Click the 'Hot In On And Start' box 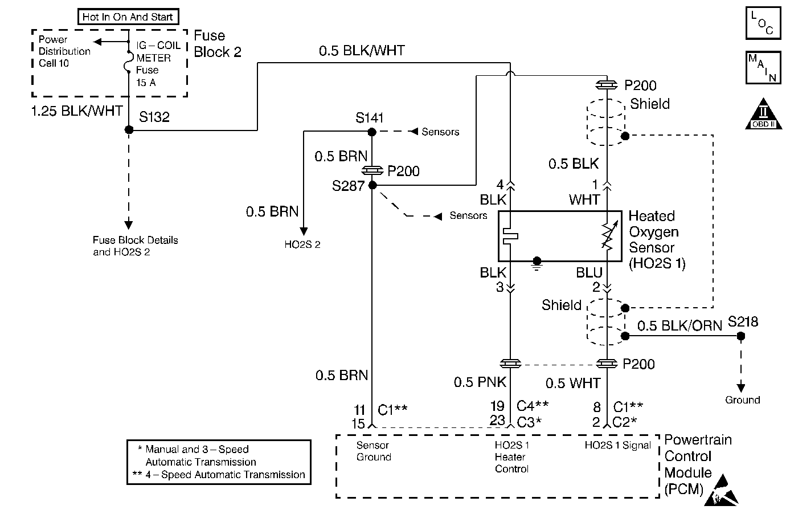[x=128, y=17]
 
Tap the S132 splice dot [x=129, y=130]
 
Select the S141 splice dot [x=371, y=132]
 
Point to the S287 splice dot [x=372, y=185]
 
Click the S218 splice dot [x=740, y=336]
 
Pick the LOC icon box [x=763, y=23]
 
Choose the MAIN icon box [x=763, y=68]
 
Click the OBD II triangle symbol [x=763, y=116]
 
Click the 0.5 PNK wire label [x=480, y=382]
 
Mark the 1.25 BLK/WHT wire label [x=76, y=111]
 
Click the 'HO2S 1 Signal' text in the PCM [x=617, y=446]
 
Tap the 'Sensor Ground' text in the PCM [x=374, y=451]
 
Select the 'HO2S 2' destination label [x=302, y=245]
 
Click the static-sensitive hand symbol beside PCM [x=722, y=490]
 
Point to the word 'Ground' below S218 [x=742, y=400]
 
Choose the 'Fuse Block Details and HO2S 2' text [x=135, y=246]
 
